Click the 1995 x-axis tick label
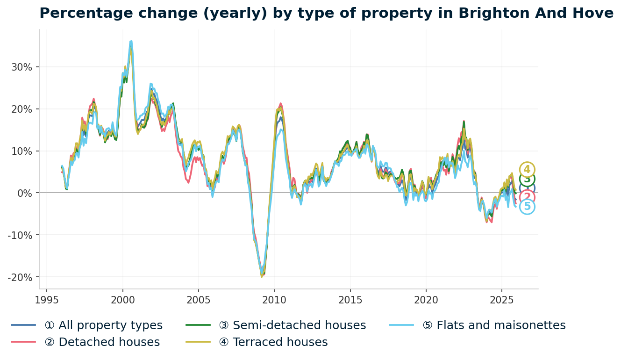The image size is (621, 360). pyautogui.click(x=47, y=300)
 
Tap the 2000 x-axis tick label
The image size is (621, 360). pyautogui.click(x=122, y=300)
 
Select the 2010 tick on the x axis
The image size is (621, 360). pyautogui.click(x=274, y=300)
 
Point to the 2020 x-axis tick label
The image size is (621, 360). pyautogui.click(x=426, y=300)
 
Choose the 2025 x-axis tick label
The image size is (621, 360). pyautogui.click(x=501, y=300)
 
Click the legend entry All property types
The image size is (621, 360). pyautogui.click(x=103, y=325)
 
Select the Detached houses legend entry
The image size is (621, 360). pyautogui.click(x=102, y=342)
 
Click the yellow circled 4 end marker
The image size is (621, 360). pyautogui.click(x=527, y=170)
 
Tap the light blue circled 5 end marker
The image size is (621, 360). pyautogui.click(x=527, y=207)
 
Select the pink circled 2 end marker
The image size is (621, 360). pyautogui.click(x=527, y=197)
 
